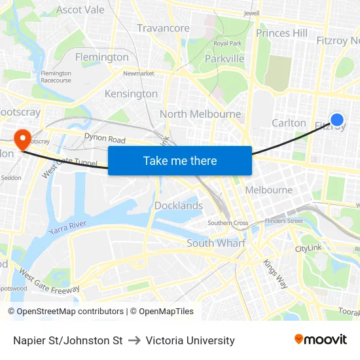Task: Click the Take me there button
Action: click(x=180, y=160)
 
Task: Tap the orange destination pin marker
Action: click(x=22, y=137)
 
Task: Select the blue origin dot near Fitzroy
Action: click(x=336, y=119)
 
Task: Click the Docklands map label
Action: click(x=179, y=206)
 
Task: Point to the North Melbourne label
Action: click(x=200, y=114)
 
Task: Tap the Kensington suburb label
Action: click(x=131, y=94)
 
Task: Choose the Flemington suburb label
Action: click(x=101, y=57)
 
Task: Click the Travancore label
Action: click(x=164, y=28)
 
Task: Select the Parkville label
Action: click(x=225, y=58)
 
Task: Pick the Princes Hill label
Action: click(x=281, y=33)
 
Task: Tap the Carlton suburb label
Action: click(x=289, y=122)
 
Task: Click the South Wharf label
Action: click(x=216, y=243)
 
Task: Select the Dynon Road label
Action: click(x=105, y=139)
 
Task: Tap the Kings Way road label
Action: click(x=275, y=273)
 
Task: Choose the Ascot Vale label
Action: click(x=81, y=10)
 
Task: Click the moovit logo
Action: click(x=320, y=340)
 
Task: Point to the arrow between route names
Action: click(x=134, y=340)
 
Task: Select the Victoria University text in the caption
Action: click(x=190, y=340)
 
